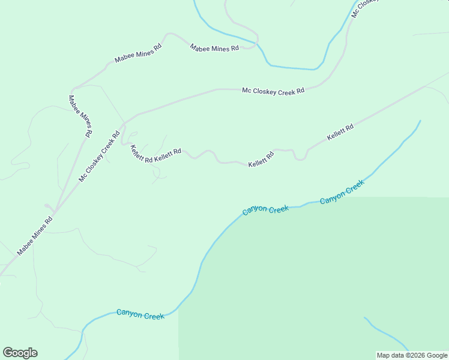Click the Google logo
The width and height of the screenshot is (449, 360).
pyautogui.click(x=20, y=353)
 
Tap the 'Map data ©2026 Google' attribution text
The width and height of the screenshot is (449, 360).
pyautogui.click(x=412, y=355)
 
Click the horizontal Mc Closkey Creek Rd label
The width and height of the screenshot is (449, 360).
pyautogui.click(x=273, y=91)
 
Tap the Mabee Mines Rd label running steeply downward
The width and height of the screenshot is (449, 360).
pyautogui.click(x=80, y=116)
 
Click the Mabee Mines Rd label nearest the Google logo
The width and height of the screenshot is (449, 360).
pyautogui.click(x=35, y=235)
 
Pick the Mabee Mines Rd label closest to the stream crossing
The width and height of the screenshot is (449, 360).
pyautogui.click(x=214, y=48)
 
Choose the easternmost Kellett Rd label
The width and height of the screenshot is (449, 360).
pyautogui.click(x=340, y=133)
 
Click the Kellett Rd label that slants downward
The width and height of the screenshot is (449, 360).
pyautogui.click(x=142, y=154)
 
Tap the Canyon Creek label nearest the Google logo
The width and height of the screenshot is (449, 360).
pyautogui.click(x=140, y=314)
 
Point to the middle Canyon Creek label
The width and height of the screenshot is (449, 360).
pyautogui.click(x=266, y=210)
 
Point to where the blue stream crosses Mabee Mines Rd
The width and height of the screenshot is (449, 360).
pyautogui.click(x=259, y=44)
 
